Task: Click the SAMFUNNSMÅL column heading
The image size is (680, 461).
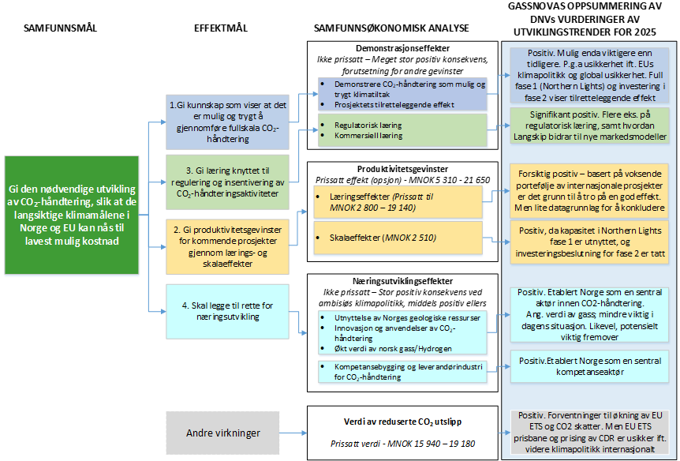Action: [x=61, y=28]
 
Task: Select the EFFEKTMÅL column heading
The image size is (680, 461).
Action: [x=221, y=28]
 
